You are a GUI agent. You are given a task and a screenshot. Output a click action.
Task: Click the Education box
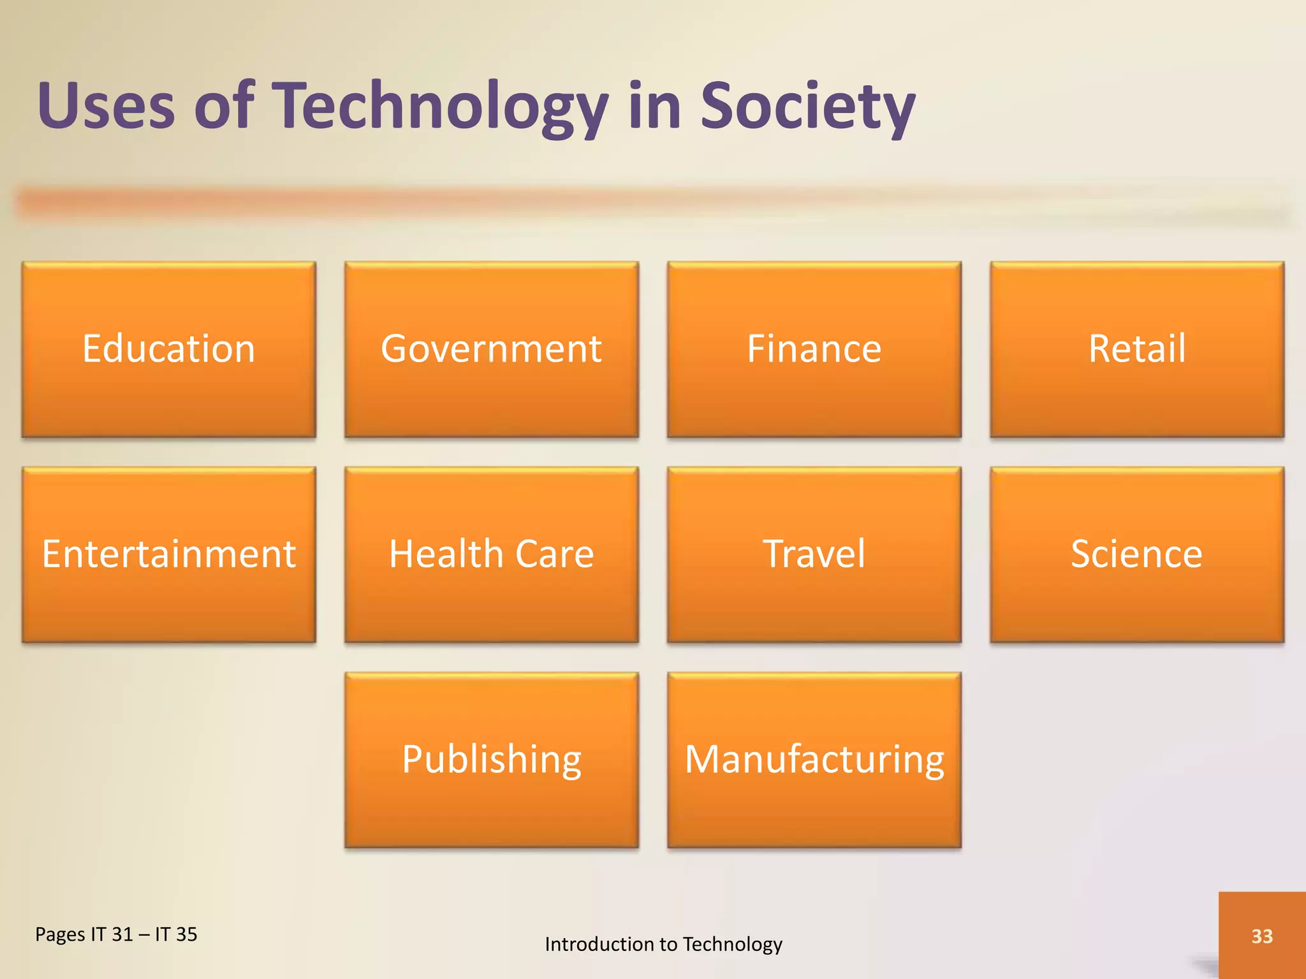[169, 349]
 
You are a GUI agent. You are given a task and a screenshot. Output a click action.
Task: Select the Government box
[491, 349]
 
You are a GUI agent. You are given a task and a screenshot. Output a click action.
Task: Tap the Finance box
[814, 349]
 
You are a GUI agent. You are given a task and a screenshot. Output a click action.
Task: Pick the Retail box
[1136, 349]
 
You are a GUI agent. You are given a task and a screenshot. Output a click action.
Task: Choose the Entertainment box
[169, 554]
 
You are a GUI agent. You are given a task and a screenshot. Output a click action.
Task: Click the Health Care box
[491, 554]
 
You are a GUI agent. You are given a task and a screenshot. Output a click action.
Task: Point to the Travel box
[814, 554]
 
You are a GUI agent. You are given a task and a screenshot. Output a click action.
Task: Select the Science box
[1136, 554]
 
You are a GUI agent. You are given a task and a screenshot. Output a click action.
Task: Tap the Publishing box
[491, 759]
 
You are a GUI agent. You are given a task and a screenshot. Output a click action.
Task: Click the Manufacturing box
[814, 759]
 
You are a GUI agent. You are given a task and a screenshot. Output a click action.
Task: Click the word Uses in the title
[106, 106]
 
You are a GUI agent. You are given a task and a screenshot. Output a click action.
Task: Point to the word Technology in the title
[441, 106]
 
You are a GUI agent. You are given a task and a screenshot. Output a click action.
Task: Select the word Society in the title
[807, 106]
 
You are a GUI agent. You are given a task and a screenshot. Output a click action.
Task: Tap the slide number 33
[1262, 936]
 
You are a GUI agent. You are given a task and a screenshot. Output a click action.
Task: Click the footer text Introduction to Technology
[663, 944]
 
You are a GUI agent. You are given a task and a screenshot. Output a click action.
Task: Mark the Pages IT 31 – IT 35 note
[116, 934]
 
